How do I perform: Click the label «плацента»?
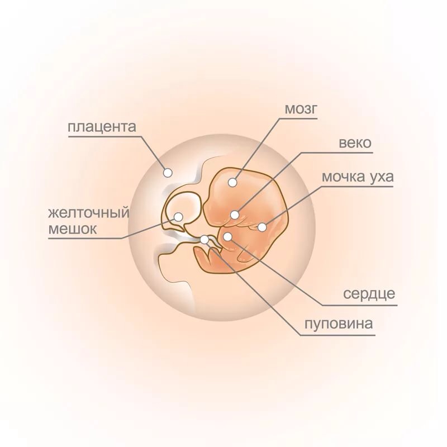click(102, 127)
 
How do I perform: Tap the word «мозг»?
click(301, 108)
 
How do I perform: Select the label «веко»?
click(355, 142)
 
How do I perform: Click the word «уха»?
click(382, 178)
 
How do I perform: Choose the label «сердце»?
click(369, 294)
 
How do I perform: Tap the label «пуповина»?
click(339, 324)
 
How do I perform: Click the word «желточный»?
click(89, 213)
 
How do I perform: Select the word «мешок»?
click(73, 229)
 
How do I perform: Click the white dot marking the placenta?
click(168, 173)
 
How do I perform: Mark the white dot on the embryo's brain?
click(232, 183)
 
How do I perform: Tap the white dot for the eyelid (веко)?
click(235, 215)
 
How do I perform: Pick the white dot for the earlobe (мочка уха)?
click(262, 227)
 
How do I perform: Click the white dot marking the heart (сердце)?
click(227, 236)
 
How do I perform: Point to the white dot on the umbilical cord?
click(205, 240)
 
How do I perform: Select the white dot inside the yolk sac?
click(178, 217)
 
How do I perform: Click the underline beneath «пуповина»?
click(337, 335)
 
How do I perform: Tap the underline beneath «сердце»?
click(360, 305)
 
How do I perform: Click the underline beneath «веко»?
click(337, 153)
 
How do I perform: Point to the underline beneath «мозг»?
click(298, 118)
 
